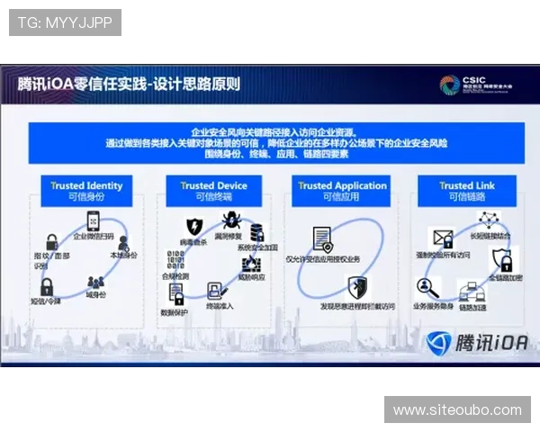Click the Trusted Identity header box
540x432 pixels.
(85, 191)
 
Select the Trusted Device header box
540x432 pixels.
(213, 191)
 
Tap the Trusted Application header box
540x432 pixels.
(342, 191)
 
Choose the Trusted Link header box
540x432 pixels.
(467, 191)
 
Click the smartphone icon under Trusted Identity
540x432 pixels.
(94, 221)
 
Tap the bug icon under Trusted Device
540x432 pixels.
(230, 220)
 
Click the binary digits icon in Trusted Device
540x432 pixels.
(176, 262)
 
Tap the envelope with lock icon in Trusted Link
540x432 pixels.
(443, 239)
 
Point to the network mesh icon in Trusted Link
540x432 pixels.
(488, 220)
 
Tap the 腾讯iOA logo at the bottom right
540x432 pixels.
(476, 343)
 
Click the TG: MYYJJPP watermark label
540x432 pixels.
(65, 22)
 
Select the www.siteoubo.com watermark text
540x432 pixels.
(457, 409)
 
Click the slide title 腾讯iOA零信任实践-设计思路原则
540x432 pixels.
(129, 84)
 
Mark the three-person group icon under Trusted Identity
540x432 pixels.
(95, 281)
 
